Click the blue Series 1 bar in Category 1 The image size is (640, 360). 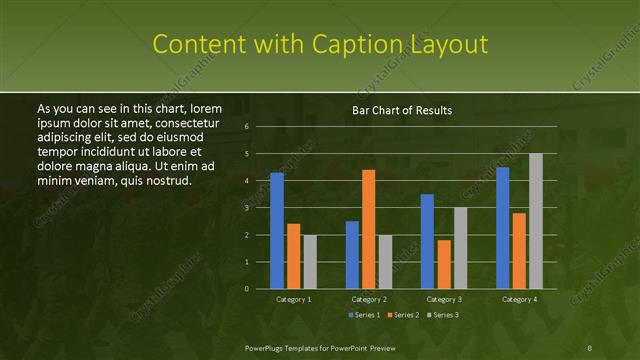tap(277, 230)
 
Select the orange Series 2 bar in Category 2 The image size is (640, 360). tap(369, 229)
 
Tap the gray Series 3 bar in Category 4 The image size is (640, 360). tap(536, 221)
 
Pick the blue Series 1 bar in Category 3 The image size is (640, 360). tap(427, 241)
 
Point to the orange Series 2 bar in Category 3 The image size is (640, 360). tap(444, 264)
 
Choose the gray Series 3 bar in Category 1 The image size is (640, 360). tap(310, 261)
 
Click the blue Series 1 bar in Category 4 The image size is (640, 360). tap(502, 227)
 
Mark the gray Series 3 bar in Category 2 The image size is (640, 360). tap(386, 261)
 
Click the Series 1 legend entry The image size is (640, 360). tap(364, 315)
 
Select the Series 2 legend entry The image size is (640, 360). tap(404, 315)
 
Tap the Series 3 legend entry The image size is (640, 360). tap(444, 315)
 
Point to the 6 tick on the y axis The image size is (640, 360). tap(247, 127)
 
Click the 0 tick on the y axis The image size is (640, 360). tap(247, 289)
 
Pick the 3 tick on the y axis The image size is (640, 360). tap(247, 208)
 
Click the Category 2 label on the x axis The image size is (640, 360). tap(369, 299)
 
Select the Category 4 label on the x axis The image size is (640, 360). tap(519, 299)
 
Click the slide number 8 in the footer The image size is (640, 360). tap(590, 347)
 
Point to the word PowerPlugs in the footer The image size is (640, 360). tap(265, 347)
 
